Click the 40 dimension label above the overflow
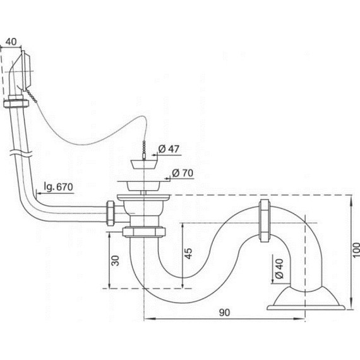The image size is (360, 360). coord(11,42)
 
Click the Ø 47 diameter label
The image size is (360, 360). coord(169,149)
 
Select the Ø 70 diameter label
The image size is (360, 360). coord(183,173)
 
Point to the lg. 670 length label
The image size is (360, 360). coord(58,187)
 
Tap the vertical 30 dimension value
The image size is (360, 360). coord(116,261)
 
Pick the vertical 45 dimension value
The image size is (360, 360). coord(188,253)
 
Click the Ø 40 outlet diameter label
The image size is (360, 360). coord(279,268)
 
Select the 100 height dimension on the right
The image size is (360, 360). coord(356,250)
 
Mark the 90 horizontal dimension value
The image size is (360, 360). coord(224,313)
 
